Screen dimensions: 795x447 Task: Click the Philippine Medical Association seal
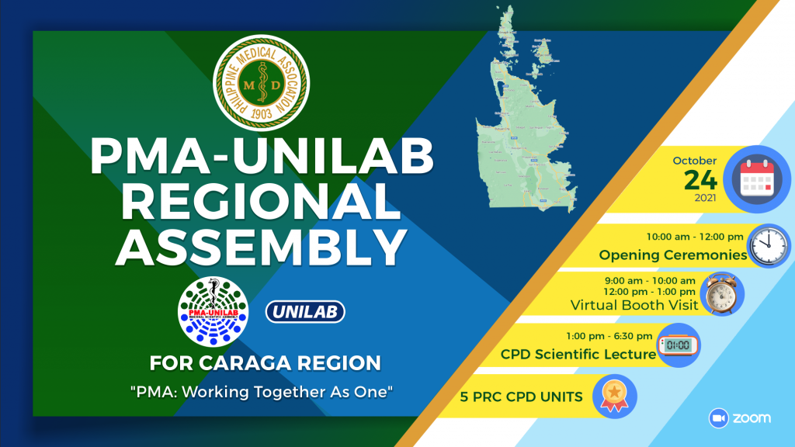coord(262,82)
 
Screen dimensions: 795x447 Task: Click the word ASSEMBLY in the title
coord(261,247)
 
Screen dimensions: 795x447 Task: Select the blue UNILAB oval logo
coord(305,312)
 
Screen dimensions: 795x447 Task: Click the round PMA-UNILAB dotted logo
coord(213,312)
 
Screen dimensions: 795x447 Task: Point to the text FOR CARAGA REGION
coord(266,363)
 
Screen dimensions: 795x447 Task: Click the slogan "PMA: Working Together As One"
coord(262,392)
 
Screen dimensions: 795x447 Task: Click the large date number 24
coord(700,180)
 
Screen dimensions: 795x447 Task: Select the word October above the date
coord(695,161)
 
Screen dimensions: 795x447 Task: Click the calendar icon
coord(757,179)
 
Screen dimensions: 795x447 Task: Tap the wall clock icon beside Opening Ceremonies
coord(769,246)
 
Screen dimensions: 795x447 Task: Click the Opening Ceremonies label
coord(673,255)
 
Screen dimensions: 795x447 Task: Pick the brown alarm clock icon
coord(722,293)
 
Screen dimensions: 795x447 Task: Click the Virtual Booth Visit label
coord(634,305)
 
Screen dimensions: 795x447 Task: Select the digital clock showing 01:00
coord(679,345)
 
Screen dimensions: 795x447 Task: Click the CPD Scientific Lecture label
coord(578,354)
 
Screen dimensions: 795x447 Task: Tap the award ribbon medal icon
coord(615,397)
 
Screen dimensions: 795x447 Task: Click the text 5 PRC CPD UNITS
coord(521,397)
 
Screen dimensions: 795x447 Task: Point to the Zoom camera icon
coord(718,418)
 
